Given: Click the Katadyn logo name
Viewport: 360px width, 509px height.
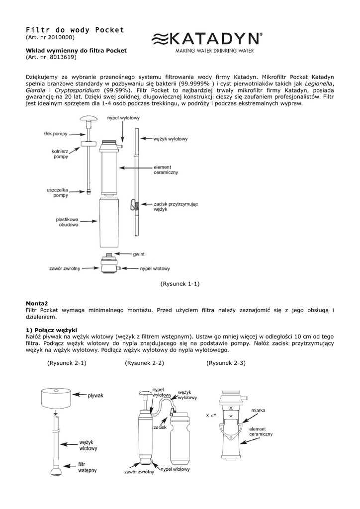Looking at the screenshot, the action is pos(215,39).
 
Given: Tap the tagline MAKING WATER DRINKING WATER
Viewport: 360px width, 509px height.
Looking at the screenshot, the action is pos(215,51).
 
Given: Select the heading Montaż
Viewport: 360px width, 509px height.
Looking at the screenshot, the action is pos(37,304).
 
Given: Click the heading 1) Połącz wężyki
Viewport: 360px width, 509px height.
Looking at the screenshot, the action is pos(51,331).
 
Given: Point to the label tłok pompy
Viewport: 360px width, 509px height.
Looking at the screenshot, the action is pos(56,134).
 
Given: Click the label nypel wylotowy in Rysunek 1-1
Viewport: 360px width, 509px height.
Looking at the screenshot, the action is pos(123,118).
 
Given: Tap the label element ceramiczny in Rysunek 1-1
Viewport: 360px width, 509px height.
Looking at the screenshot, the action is pos(166,170).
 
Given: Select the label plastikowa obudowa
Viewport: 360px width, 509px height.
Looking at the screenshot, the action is pos(67,222).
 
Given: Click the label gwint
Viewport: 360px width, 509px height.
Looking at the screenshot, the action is pos(139,254).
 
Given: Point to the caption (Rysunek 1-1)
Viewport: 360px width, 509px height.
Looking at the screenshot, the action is pos(180,284).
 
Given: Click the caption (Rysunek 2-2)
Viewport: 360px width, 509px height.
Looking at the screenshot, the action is pos(145,363).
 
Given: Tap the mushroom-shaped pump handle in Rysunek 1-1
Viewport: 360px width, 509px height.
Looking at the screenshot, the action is pos(89,118).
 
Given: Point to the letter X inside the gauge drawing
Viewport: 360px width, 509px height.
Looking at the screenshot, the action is pos(231,408).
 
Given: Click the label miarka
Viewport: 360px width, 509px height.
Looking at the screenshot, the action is pos(258,410).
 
